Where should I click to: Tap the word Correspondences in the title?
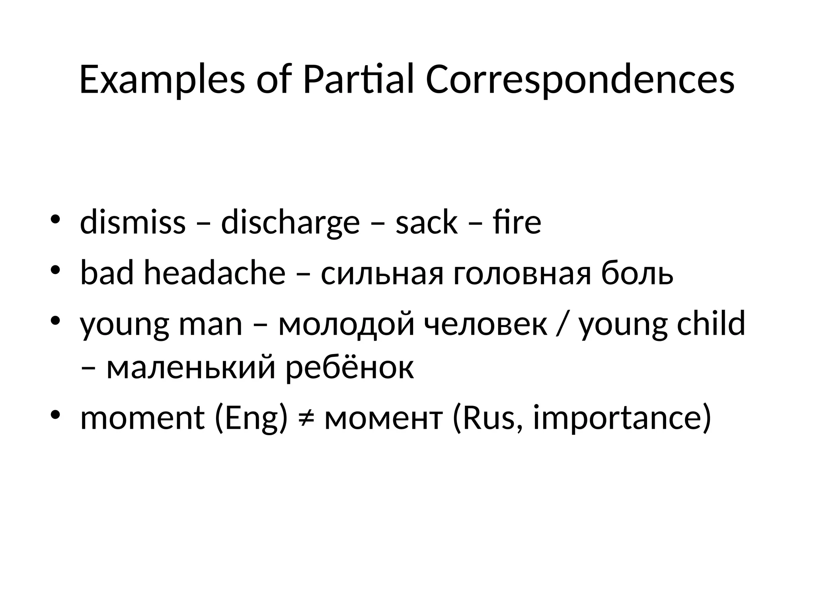pyautogui.click(x=580, y=80)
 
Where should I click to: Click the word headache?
pyautogui.click(x=214, y=273)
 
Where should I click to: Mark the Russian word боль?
pyautogui.click(x=637, y=273)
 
